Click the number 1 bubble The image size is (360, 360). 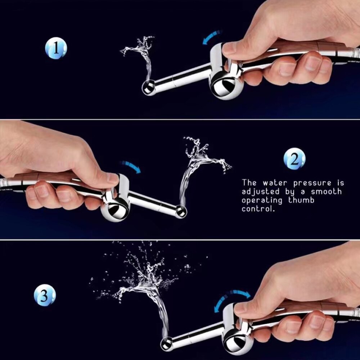(x=56, y=49)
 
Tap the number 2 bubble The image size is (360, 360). (x=294, y=159)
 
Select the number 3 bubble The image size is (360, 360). (x=45, y=296)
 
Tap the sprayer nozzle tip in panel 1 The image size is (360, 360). (x=148, y=87)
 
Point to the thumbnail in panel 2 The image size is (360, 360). (x=112, y=178)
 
